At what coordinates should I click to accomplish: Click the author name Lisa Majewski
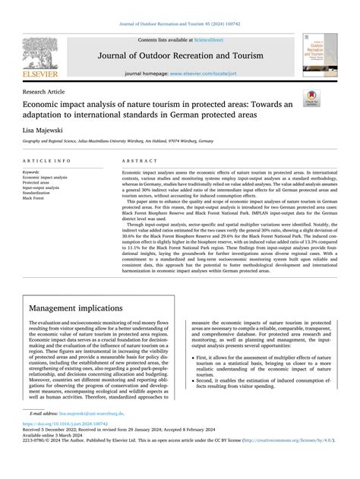49,131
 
